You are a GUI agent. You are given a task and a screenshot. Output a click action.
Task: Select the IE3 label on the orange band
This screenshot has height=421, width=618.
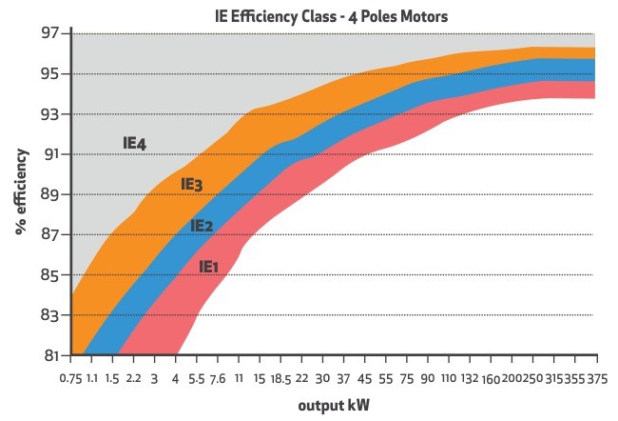point(192,184)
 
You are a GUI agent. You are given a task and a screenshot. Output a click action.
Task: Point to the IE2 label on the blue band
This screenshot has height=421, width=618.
point(202,226)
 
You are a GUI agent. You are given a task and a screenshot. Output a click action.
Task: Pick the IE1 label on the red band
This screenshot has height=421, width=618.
point(209,267)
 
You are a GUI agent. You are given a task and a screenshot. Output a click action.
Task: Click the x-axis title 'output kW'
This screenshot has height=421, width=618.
point(335,405)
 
